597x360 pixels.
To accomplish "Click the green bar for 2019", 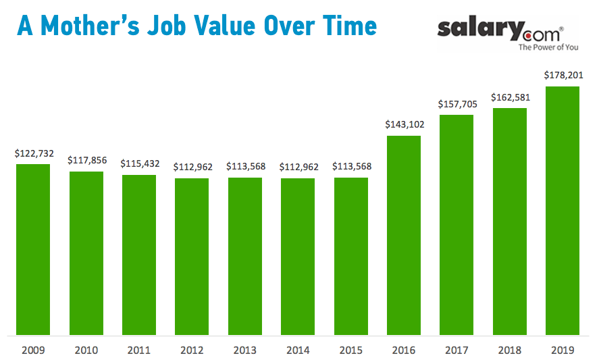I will [563, 210].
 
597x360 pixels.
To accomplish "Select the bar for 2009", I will [33, 249].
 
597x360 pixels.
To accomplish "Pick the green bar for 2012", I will [192, 256].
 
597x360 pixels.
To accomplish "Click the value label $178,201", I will [563, 75].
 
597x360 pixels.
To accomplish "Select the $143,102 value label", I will [404, 124].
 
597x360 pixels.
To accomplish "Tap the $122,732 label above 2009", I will [33, 153].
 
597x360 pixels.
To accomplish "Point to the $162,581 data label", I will [510, 97].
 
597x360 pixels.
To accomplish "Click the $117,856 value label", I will [86, 160].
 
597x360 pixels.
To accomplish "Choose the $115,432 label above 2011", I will [139, 163].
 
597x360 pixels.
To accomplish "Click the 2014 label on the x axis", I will [298, 350].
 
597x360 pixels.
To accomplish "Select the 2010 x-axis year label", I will [86, 350].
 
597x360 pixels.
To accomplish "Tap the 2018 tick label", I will [510, 350].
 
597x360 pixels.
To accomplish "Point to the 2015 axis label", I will [351, 350].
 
